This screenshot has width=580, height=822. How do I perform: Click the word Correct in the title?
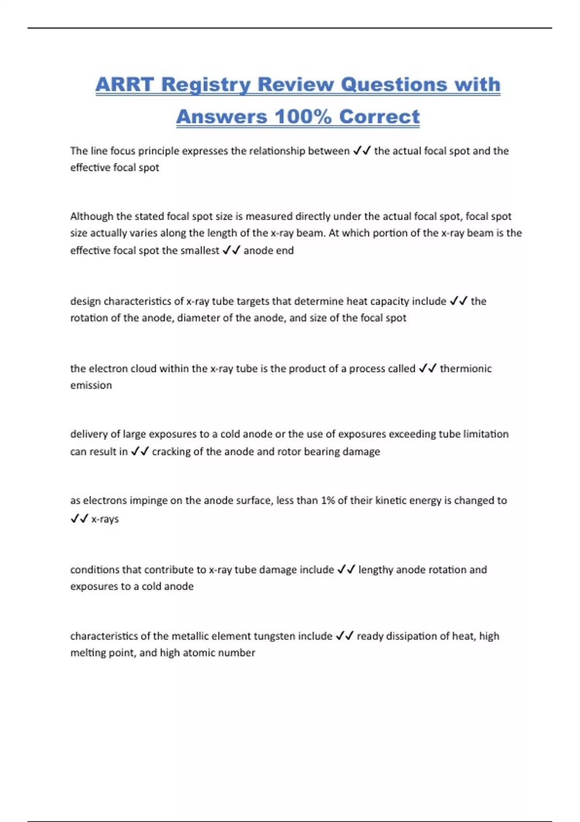point(379,117)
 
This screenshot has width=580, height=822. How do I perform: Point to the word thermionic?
point(465,368)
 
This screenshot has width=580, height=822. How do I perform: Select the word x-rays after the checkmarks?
point(105,519)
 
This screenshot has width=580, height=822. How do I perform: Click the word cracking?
point(171,451)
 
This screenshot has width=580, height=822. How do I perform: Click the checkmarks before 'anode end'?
point(231,250)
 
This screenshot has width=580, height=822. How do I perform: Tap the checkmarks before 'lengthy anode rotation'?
point(346,570)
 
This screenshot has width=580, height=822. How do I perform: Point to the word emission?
point(91,385)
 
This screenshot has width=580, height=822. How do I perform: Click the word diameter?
point(197,318)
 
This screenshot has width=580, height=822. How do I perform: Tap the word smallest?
point(200,250)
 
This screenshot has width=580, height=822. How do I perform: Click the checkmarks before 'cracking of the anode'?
point(140,451)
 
